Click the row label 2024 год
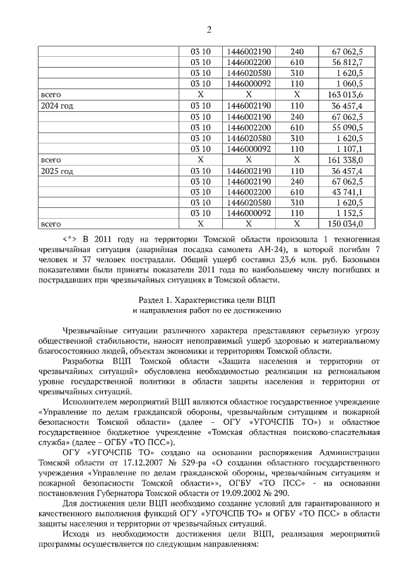pyautogui.click(x=57, y=106)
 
